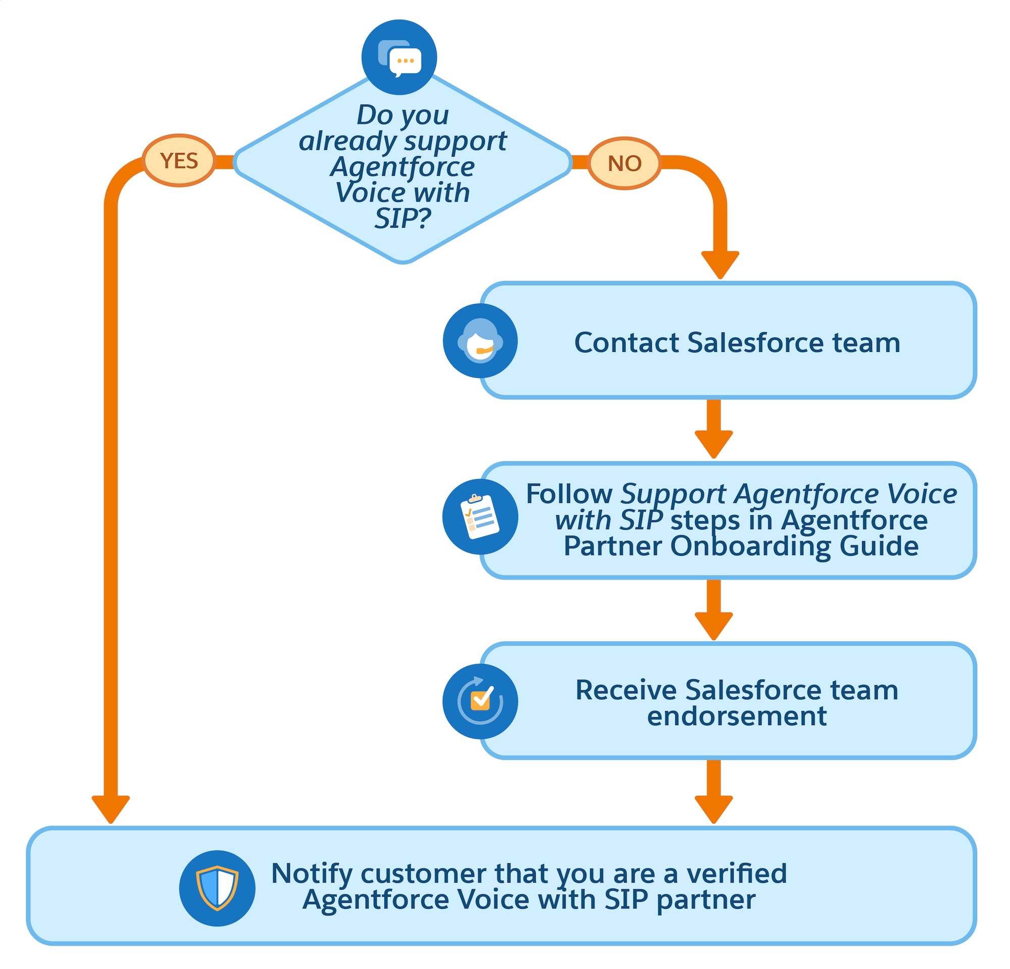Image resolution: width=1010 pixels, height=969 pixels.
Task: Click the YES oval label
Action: click(179, 161)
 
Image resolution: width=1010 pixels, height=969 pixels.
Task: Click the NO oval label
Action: click(624, 163)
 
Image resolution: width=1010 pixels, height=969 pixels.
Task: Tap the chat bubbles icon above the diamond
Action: click(399, 57)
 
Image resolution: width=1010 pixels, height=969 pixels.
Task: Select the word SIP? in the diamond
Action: click(402, 219)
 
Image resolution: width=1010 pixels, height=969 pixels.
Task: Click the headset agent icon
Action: click(480, 341)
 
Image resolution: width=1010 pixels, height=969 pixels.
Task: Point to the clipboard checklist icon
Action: click(480, 517)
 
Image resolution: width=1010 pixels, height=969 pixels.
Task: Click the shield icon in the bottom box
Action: click(217, 888)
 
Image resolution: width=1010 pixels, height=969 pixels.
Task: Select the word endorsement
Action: click(737, 716)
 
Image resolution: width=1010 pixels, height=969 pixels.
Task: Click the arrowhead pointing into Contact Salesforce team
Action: click(721, 264)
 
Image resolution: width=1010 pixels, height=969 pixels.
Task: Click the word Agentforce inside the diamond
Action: click(402, 167)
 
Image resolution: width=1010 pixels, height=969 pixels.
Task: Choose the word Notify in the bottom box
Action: click(312, 873)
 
